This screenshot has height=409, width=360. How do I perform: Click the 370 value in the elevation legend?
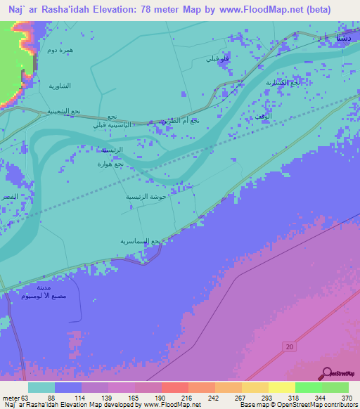tap(345, 398)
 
